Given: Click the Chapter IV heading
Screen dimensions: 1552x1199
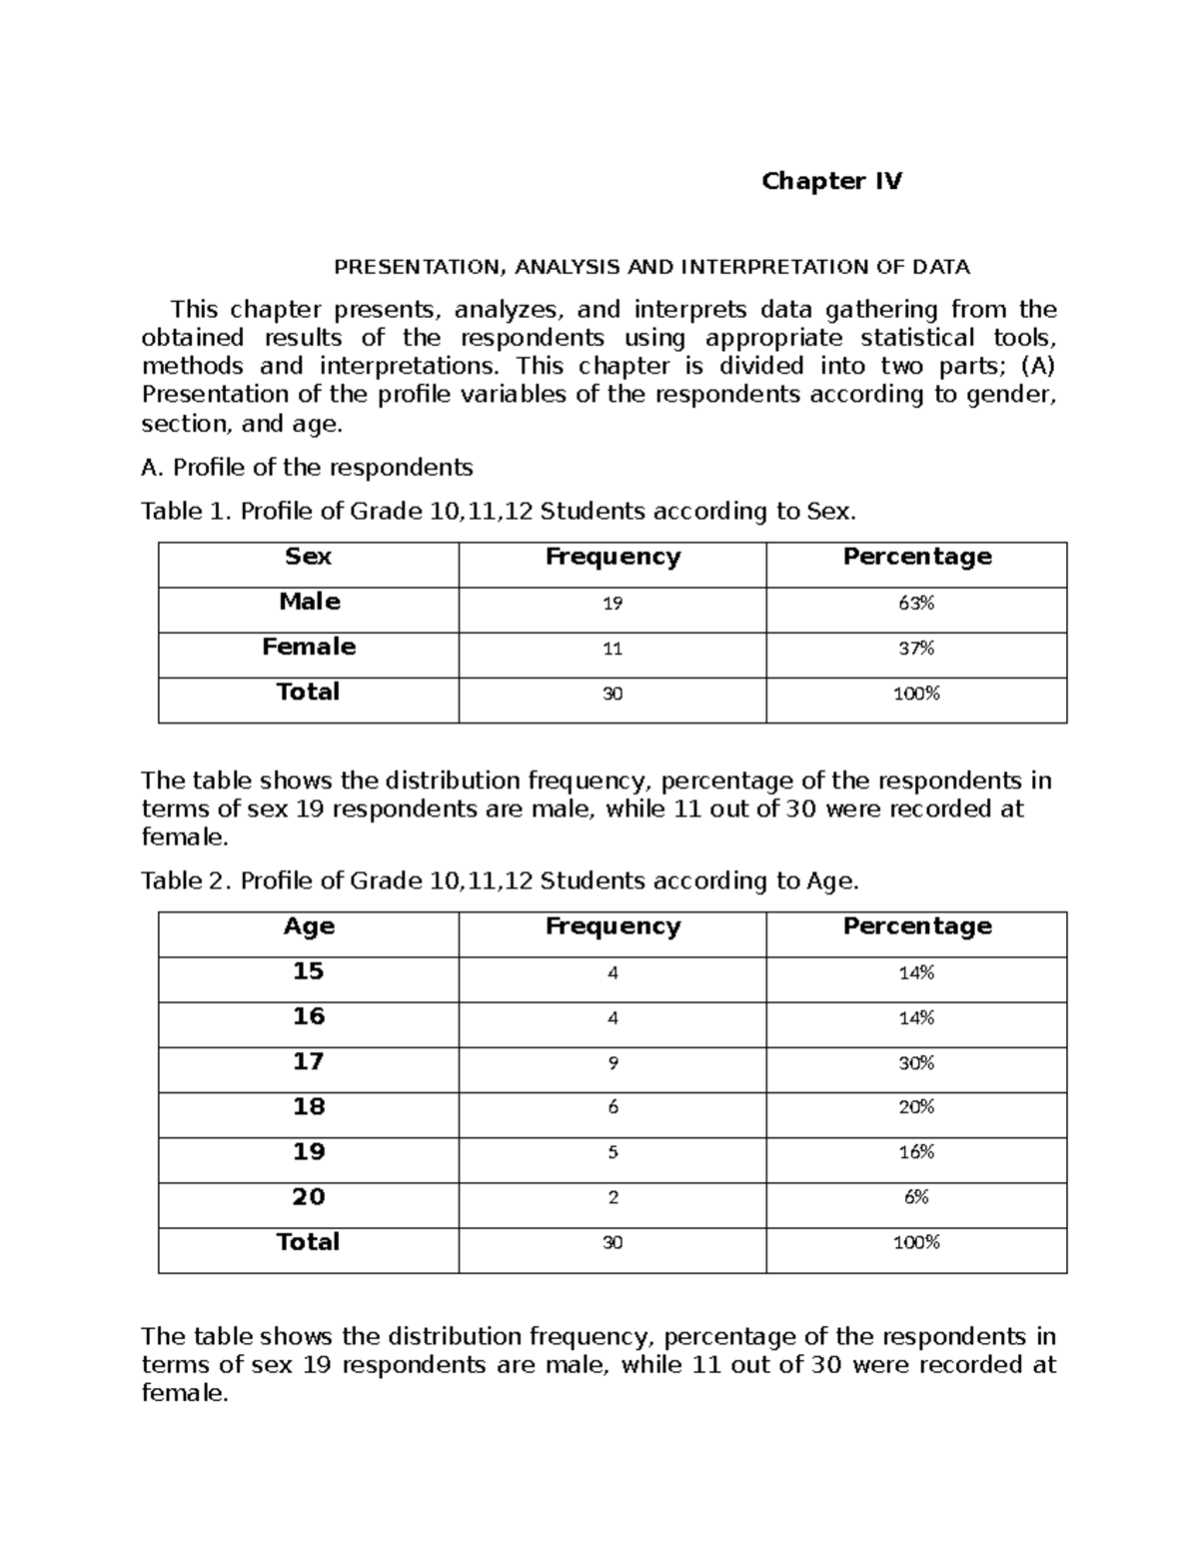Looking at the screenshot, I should click(x=831, y=181).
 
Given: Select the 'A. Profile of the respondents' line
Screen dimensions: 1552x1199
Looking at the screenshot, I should click(x=307, y=468).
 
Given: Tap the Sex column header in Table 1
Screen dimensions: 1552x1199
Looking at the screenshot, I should click(x=308, y=557).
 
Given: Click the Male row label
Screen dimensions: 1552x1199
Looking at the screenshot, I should click(x=309, y=602).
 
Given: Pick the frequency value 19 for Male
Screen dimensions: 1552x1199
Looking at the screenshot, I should click(x=612, y=604).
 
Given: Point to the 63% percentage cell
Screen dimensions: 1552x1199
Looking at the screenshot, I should click(x=916, y=604).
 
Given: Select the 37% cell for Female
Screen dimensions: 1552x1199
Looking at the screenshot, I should click(x=916, y=649).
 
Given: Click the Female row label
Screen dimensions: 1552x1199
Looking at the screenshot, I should click(x=309, y=647).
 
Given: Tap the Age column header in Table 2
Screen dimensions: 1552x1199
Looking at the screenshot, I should click(x=309, y=926).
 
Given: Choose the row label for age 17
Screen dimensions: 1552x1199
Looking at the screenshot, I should click(x=309, y=1061).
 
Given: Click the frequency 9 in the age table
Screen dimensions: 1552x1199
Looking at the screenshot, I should click(x=612, y=1063).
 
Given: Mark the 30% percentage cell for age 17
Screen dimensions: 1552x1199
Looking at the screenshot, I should click(x=916, y=1063).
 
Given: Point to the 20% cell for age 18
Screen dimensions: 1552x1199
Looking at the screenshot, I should click(x=916, y=1107).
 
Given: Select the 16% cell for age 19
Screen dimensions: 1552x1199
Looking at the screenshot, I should click(x=916, y=1152).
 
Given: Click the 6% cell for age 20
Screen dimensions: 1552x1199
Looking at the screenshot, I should click(x=916, y=1197).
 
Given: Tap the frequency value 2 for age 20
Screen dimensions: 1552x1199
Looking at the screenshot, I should click(x=612, y=1197).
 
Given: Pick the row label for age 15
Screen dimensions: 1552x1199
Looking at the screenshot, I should click(x=309, y=971).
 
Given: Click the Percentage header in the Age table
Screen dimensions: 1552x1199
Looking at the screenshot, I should click(x=917, y=926).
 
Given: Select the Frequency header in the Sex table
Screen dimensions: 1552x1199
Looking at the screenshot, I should click(x=612, y=557).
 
